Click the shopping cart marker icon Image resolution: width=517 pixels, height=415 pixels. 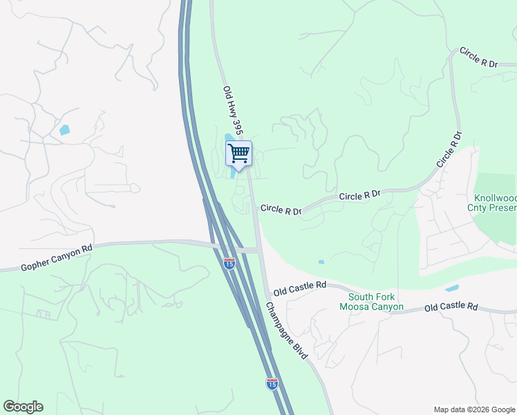click(x=238, y=153)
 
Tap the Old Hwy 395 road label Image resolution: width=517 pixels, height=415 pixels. click(x=234, y=110)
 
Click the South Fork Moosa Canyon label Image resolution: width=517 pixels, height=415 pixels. click(x=366, y=302)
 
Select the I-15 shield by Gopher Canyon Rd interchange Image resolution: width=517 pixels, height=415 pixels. click(x=229, y=263)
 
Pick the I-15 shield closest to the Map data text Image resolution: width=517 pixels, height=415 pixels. click(x=272, y=383)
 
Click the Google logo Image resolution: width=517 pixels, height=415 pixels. click(x=23, y=407)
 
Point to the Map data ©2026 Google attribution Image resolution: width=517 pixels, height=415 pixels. click(x=473, y=409)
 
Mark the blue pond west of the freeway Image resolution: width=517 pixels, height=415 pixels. click(x=64, y=129)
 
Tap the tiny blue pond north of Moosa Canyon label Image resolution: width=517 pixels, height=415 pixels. click(x=321, y=262)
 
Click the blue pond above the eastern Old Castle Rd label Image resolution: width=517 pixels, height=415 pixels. click(x=451, y=288)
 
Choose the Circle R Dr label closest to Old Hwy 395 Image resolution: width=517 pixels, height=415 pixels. click(x=281, y=210)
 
